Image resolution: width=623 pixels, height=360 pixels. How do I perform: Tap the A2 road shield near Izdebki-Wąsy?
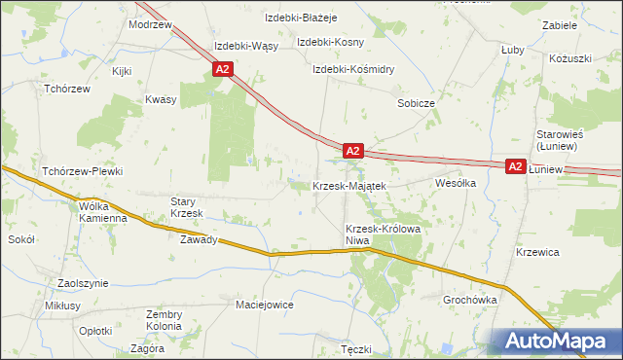[x=223, y=69]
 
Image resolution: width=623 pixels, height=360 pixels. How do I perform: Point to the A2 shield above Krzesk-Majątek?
[x=353, y=151]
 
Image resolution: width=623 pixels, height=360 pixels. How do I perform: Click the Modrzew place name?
[x=150, y=24]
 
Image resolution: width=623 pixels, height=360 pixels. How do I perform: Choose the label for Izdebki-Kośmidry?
[x=352, y=69]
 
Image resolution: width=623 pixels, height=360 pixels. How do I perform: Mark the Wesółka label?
[x=455, y=182]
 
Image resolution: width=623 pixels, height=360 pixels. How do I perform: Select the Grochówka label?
[x=469, y=300]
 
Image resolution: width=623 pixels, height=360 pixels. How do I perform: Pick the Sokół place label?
[x=21, y=238]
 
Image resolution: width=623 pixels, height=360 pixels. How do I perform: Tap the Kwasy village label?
[x=160, y=99]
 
